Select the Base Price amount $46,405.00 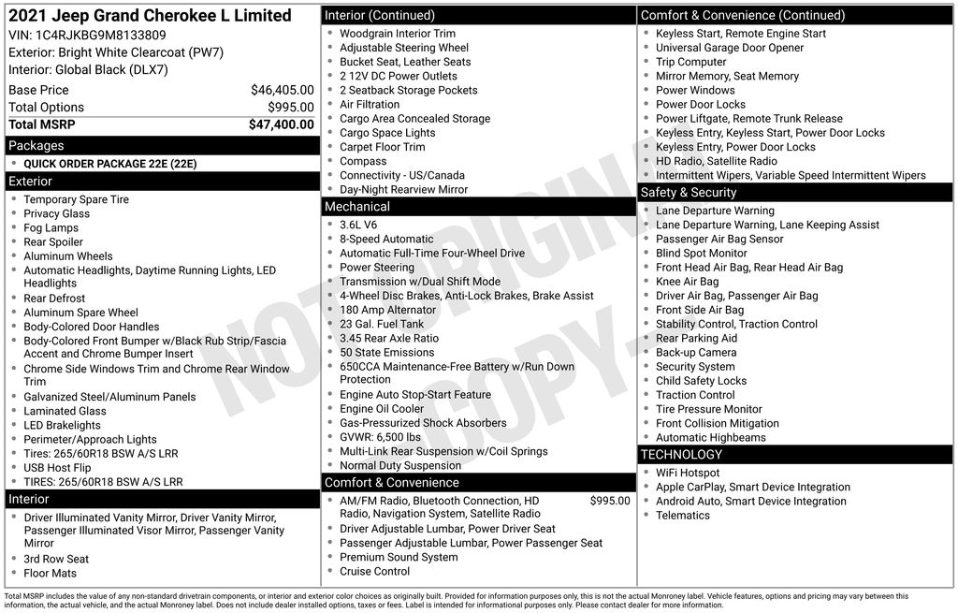[282, 90]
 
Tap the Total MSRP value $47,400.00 [281, 124]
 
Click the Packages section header [36, 145]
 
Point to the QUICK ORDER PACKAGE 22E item [110, 164]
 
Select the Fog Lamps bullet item [51, 227]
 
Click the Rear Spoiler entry [53, 241]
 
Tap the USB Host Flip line [57, 468]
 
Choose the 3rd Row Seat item [56, 559]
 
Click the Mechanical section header [356, 206]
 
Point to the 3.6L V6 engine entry [358, 225]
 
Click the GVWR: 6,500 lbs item [380, 437]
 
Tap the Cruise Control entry [374, 571]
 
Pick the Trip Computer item [690, 62]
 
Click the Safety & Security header [689, 192]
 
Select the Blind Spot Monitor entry [701, 253]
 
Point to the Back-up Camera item [696, 353]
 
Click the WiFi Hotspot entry [688, 473]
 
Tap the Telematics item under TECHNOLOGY [682, 515]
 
